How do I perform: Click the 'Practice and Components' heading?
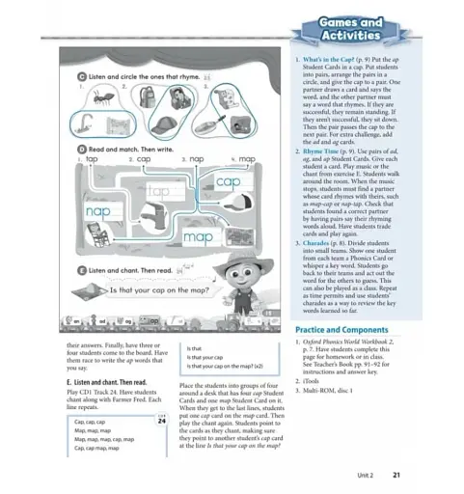pyautogui.click(x=341, y=330)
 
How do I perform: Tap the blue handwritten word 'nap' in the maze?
pyautogui.click(x=97, y=210)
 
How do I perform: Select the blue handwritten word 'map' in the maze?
pyautogui.click(x=198, y=236)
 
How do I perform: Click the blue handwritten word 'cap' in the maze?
pyautogui.click(x=228, y=181)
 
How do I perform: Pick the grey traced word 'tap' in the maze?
pyautogui.click(x=158, y=192)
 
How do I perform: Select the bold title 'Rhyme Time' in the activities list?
pyautogui.click(x=324, y=152)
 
